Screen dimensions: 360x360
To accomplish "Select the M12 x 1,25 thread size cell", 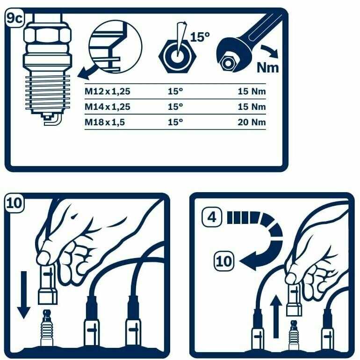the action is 108,91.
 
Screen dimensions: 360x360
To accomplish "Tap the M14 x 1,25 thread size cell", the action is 108,107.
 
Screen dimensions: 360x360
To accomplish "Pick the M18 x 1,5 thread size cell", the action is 105,122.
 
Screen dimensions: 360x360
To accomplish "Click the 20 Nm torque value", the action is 252,122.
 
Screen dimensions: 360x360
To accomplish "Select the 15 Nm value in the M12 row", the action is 252,91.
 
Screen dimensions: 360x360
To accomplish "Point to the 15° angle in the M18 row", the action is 175,122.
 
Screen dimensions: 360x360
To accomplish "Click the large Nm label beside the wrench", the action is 268,67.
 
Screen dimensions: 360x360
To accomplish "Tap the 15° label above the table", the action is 200,37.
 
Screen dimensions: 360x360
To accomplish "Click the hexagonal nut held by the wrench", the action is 228,63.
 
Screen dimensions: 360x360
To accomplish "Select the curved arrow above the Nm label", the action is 270,51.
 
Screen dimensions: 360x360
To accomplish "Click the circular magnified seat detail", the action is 115,47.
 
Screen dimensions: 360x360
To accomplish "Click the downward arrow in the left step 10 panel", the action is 24,295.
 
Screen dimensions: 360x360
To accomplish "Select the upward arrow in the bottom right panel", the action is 276,317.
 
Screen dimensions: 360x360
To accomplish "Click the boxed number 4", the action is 212,217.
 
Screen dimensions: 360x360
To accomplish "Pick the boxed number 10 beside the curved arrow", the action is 224,261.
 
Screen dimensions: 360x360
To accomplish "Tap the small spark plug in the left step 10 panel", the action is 47,328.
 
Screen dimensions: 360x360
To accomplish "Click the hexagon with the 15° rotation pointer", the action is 178,56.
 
